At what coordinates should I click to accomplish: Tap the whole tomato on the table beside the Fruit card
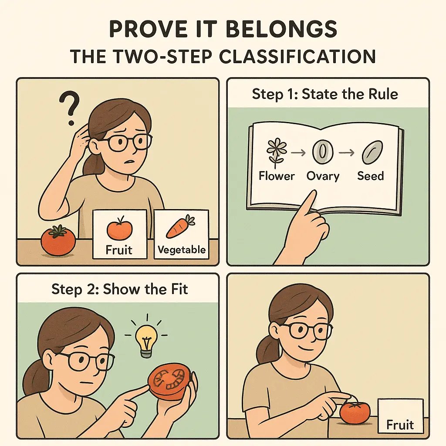[58, 240]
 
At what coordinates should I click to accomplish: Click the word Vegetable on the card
[181, 250]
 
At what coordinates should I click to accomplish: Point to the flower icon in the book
[276, 152]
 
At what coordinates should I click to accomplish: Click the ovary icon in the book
[323, 152]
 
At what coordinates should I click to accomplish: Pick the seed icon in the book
[371, 153]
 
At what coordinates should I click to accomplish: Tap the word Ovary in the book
[323, 176]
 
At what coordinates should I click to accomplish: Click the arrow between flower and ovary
[299, 153]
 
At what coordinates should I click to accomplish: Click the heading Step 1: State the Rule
[325, 94]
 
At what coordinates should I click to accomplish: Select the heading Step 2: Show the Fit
[120, 289]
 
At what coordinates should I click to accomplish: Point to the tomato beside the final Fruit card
[355, 412]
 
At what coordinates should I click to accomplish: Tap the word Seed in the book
[371, 176]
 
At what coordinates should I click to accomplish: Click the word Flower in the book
[277, 176]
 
